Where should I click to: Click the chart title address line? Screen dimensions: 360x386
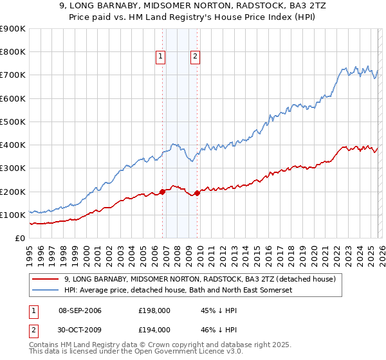click(x=193, y=6)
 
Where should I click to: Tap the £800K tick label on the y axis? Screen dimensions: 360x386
click(x=13, y=52)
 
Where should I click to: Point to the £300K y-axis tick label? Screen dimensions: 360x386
click(x=13, y=168)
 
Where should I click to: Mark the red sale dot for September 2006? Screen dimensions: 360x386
click(x=162, y=192)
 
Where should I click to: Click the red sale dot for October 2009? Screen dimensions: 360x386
click(x=198, y=193)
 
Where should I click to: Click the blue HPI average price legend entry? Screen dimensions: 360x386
click(x=178, y=291)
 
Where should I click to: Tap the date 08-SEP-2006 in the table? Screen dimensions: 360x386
click(x=80, y=310)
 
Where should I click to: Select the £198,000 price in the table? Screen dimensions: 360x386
click(x=154, y=310)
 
